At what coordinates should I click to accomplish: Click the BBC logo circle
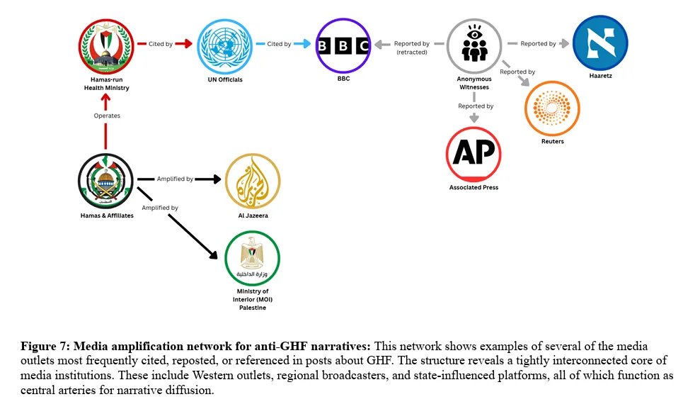pyautogui.click(x=343, y=45)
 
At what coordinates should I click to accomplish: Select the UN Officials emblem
pyautogui.click(x=225, y=46)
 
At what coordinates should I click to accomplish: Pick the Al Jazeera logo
pyautogui.click(x=253, y=181)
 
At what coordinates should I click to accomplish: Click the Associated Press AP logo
pyautogui.click(x=474, y=155)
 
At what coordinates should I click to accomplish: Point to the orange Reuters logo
pyautogui.click(x=552, y=108)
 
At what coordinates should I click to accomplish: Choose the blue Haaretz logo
pyautogui.click(x=600, y=43)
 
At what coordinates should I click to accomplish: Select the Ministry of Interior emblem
pyautogui.click(x=252, y=258)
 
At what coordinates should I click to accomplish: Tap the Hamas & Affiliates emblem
pyautogui.click(x=105, y=181)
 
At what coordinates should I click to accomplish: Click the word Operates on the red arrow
pyautogui.click(x=107, y=116)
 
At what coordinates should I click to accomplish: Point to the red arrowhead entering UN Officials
pyautogui.click(x=187, y=44)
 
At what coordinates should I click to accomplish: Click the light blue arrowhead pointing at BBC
pyautogui.click(x=306, y=44)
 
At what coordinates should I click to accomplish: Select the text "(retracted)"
pyautogui.click(x=412, y=52)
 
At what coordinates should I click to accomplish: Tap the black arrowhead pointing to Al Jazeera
pyautogui.click(x=217, y=179)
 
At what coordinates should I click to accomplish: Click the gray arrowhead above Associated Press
pyautogui.click(x=474, y=118)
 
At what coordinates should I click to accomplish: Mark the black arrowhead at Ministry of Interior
pyautogui.click(x=213, y=254)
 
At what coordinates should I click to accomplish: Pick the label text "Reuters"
pyautogui.click(x=553, y=141)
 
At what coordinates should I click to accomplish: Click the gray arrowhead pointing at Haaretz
pyautogui.click(x=565, y=43)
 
